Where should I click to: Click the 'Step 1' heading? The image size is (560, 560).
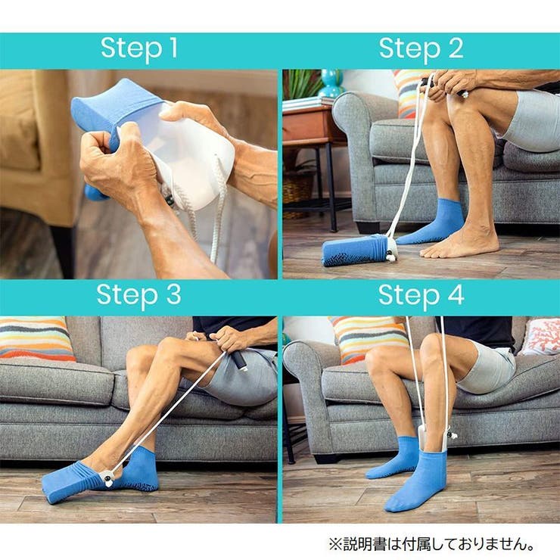click(139, 49)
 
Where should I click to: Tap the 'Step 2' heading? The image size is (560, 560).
click(421, 49)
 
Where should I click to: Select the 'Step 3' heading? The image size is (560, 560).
click(138, 296)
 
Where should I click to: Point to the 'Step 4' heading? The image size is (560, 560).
click(421, 296)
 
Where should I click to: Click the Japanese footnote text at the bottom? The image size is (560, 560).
click(431, 544)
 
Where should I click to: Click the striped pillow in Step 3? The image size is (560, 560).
click(36, 338)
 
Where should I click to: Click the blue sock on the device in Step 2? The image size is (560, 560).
click(354, 250)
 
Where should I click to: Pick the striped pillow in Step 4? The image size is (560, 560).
click(368, 338)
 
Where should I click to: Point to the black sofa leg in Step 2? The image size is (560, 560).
click(368, 227)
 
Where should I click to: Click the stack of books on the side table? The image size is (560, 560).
click(308, 103)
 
